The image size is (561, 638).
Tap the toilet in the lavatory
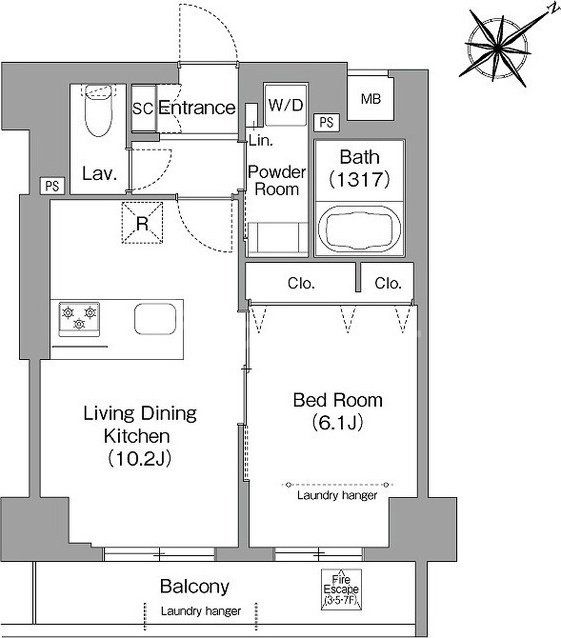[98, 109]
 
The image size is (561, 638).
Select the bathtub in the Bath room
[359, 228]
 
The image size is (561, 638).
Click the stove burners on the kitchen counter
[79, 319]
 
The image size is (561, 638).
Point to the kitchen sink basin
[155, 319]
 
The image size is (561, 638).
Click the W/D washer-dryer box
[286, 105]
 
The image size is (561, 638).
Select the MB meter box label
[371, 98]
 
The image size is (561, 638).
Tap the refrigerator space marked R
[142, 223]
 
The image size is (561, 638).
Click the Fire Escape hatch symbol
[341, 590]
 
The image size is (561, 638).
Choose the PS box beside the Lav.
[52, 186]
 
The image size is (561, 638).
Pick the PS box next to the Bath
[327, 122]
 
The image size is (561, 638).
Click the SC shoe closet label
[143, 108]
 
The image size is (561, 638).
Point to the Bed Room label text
[338, 400]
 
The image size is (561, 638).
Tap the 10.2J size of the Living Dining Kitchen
[139, 459]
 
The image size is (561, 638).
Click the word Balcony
[194, 586]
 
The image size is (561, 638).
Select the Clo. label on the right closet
[388, 283]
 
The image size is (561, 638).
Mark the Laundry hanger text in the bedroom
[337, 495]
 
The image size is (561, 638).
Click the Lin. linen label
[261, 141]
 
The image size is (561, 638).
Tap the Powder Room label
[277, 181]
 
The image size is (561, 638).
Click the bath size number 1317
[360, 179]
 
